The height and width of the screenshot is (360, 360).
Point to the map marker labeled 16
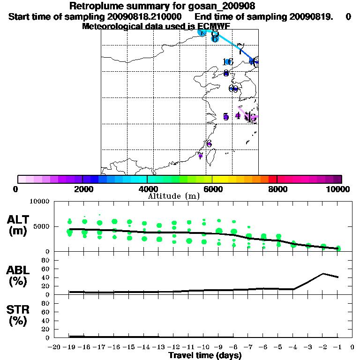point(228,62)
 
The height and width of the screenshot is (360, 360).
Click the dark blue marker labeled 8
point(226,73)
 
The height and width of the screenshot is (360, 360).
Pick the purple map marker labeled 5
point(226,117)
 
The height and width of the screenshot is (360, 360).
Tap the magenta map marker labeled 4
point(238,116)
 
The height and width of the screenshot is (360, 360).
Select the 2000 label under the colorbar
point(82,189)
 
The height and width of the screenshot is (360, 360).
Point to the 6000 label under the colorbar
point(212,189)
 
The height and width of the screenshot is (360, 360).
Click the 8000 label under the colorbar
point(277,189)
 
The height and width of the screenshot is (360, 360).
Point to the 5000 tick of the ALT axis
point(42,227)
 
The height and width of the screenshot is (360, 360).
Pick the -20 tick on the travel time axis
point(54,347)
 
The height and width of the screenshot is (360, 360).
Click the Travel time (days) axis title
point(205,355)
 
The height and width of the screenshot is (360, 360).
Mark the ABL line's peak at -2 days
point(323,273)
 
